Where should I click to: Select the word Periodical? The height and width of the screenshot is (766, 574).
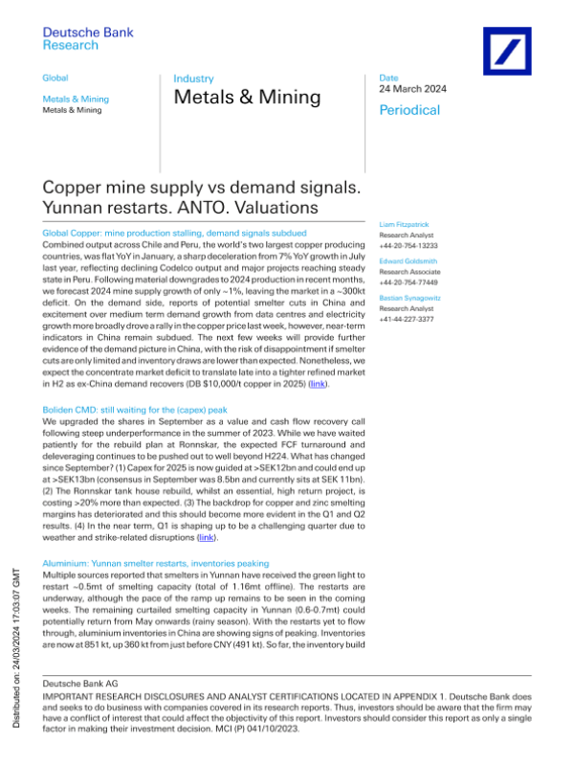pos(409,110)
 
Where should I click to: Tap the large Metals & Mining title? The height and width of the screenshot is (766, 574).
pos(247,97)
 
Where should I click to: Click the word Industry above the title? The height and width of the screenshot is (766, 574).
pos(193,79)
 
